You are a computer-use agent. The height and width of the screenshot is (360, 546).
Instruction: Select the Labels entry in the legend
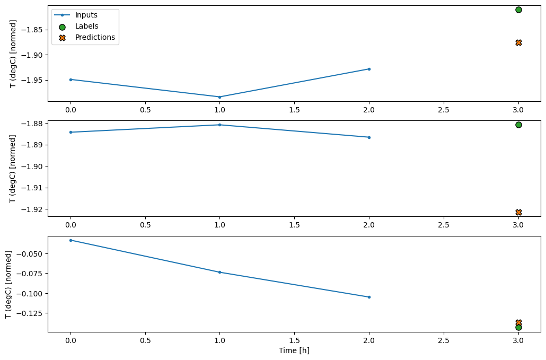86,26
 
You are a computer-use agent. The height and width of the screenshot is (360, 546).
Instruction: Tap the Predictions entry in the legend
95,37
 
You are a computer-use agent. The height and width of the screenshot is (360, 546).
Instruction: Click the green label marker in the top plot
518,10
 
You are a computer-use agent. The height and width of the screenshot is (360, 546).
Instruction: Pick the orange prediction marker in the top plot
518,42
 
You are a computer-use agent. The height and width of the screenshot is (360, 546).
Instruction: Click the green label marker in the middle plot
518,125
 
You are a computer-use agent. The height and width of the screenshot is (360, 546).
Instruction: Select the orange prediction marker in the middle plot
518,212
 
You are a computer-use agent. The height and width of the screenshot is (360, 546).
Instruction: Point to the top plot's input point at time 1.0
219,97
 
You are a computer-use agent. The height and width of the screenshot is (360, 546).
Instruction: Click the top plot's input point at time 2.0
369,69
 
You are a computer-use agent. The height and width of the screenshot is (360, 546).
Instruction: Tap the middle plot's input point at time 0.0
71,132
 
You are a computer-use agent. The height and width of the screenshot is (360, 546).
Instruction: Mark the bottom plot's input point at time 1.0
219,272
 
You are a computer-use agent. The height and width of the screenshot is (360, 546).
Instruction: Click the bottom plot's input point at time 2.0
369,297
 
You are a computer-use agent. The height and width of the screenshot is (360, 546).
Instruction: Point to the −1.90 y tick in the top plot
33,55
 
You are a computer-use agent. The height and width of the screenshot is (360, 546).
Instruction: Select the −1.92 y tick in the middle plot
33,209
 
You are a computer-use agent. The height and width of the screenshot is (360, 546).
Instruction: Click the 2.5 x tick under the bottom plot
444,340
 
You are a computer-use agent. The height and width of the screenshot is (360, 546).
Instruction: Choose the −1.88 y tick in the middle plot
33,124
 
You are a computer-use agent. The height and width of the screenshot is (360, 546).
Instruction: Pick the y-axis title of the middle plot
13,169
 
